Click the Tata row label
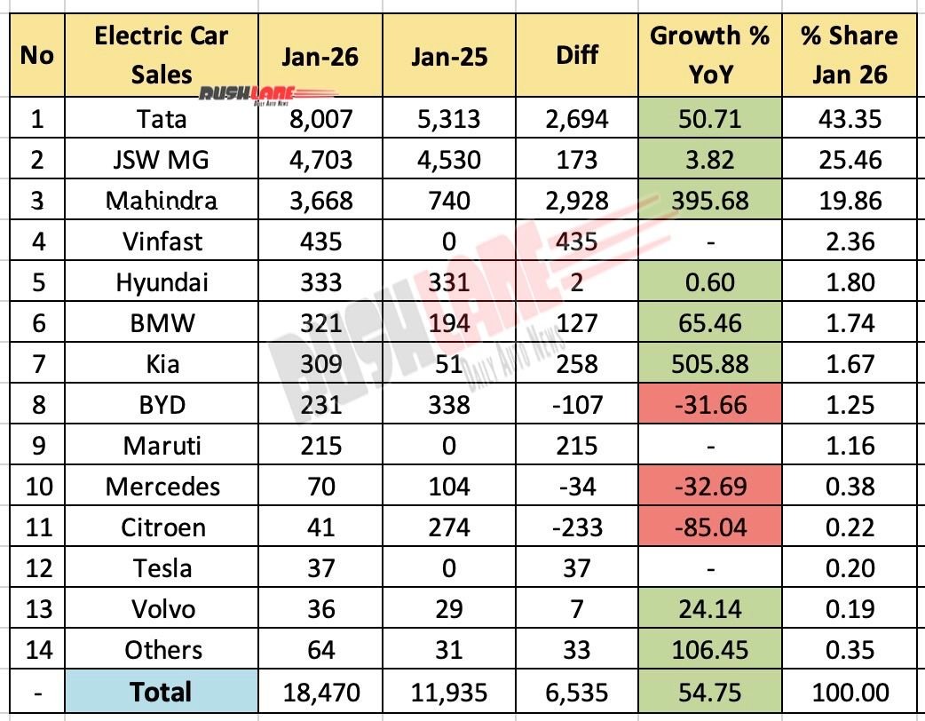tap(162, 118)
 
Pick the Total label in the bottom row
tap(162, 692)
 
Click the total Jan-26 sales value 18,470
tap(320, 692)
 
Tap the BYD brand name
tap(162, 405)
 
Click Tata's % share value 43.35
tap(850, 118)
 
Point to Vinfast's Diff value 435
tap(576, 242)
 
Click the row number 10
tap(36, 487)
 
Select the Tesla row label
tap(162, 568)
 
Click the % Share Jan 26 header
tap(850, 56)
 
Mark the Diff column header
tap(576, 56)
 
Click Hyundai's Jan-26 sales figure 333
tap(320, 282)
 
